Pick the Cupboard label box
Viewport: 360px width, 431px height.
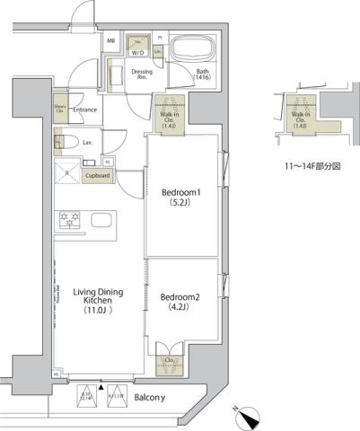97,176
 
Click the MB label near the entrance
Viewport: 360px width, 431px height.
111,41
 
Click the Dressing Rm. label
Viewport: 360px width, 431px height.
141,73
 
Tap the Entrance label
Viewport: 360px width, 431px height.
84,110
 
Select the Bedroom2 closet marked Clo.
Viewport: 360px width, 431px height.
168,361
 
